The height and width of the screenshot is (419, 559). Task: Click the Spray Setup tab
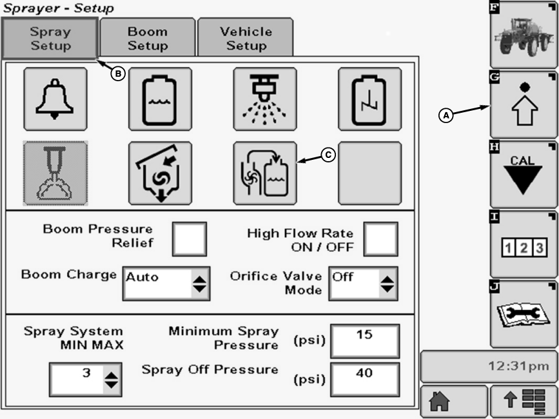[50, 39]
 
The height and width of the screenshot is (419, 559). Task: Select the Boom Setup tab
[148, 39]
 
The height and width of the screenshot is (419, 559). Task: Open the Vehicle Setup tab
[246, 39]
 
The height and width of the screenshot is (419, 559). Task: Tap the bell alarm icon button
[55, 99]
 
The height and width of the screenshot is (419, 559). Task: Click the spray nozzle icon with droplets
[265, 99]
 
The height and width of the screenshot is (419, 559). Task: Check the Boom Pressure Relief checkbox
[190, 239]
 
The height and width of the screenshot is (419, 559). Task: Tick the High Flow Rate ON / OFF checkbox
[380, 239]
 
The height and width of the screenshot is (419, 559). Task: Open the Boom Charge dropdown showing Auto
[166, 283]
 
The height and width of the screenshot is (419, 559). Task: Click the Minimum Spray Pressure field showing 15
[365, 340]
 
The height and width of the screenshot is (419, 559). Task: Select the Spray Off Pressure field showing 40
[365, 378]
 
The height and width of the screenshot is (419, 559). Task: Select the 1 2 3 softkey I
[523, 245]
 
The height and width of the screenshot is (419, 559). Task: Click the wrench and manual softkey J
[523, 314]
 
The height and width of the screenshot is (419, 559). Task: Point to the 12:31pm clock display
[488, 366]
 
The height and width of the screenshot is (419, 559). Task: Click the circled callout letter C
[329, 155]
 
